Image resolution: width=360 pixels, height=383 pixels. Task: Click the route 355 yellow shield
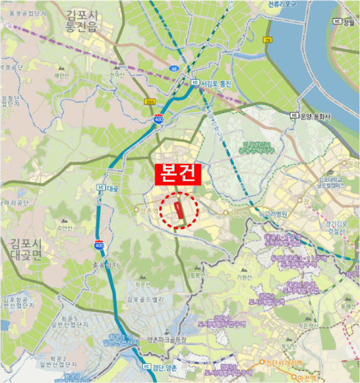150,102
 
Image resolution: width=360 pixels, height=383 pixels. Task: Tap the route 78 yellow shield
268,40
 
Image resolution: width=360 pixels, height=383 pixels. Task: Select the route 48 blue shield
174,69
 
